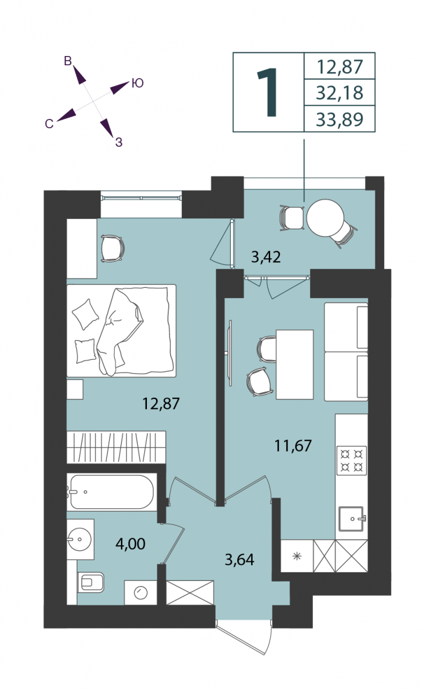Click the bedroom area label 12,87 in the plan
(x=161, y=404)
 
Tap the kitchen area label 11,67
(x=293, y=446)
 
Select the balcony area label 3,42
(x=266, y=257)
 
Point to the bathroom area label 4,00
(x=130, y=543)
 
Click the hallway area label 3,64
(x=239, y=560)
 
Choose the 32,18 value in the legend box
(x=340, y=93)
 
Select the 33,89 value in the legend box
(x=340, y=120)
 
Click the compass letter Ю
(x=137, y=83)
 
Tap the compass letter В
(x=68, y=61)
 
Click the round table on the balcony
(x=325, y=218)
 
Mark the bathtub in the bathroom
(x=112, y=492)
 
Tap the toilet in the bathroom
(x=90, y=582)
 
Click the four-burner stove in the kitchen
(x=352, y=460)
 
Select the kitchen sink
(x=352, y=519)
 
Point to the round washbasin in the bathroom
(x=80, y=539)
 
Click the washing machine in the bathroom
(x=141, y=593)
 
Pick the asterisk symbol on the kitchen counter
(x=297, y=557)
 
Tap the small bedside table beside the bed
(x=75, y=389)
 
